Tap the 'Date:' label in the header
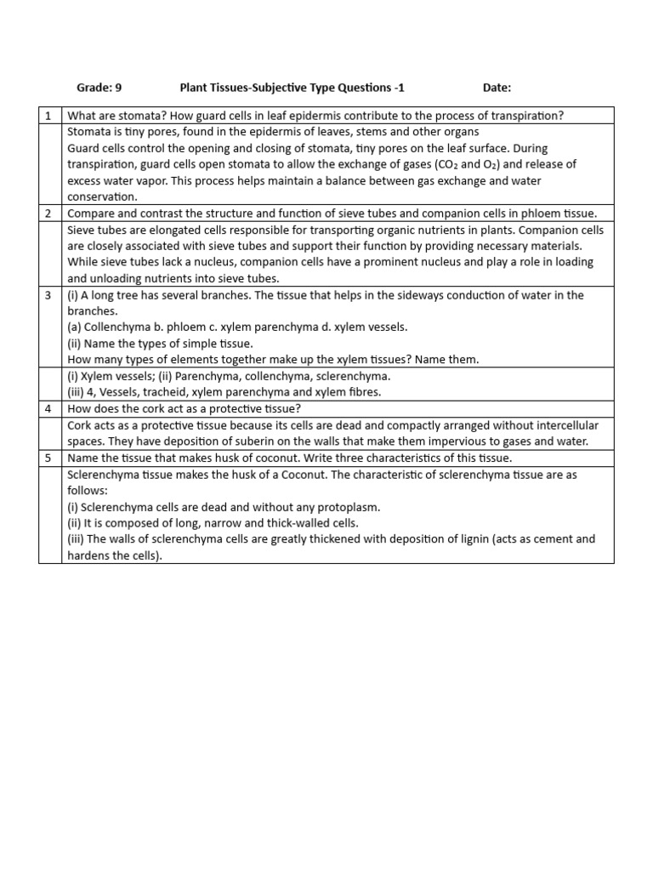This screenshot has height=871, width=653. tap(497, 88)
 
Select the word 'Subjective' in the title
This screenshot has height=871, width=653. tap(283, 88)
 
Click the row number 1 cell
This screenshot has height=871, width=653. tap(49, 116)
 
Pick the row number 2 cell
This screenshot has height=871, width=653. tap(49, 213)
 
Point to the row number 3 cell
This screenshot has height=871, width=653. tap(49, 295)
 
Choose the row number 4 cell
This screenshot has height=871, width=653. tap(49, 409)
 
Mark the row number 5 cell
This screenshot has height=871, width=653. tap(49, 458)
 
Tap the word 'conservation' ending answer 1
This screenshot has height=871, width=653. tap(100, 197)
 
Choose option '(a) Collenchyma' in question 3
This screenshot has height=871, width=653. tap(108, 327)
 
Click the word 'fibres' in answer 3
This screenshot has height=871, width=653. tap(365, 393)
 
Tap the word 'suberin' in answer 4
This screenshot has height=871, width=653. tap(215, 442)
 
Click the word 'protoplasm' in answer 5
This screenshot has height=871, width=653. tap(347, 507)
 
